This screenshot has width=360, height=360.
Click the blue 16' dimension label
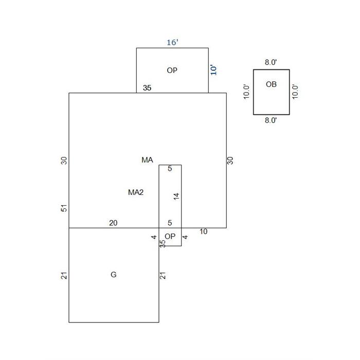coord(172,43)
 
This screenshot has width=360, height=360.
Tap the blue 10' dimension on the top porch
coord(213,70)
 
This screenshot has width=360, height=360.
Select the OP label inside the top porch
coord(172,70)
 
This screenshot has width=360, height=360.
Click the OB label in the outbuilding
coord(271,84)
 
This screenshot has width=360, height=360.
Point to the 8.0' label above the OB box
coord(271,62)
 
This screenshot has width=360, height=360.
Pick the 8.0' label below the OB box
coord(271,120)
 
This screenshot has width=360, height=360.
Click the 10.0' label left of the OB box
coord(246,92)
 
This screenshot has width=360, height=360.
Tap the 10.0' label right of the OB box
coord(295,92)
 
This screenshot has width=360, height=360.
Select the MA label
coord(147,160)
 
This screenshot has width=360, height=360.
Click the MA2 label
coord(136,192)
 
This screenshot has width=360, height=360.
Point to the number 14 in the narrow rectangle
coord(176,196)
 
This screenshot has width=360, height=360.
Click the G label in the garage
coord(114,274)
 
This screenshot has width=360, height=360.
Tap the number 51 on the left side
coord(64,208)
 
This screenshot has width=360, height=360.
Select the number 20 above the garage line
coord(113,223)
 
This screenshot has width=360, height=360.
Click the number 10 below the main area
coord(203,231)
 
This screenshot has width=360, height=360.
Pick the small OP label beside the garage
coord(170,236)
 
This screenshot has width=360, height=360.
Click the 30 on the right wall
coord(230,160)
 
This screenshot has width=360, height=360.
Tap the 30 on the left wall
coord(64,160)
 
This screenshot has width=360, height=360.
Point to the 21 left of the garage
coord(64,276)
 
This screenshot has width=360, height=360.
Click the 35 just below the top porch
coord(147,88)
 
